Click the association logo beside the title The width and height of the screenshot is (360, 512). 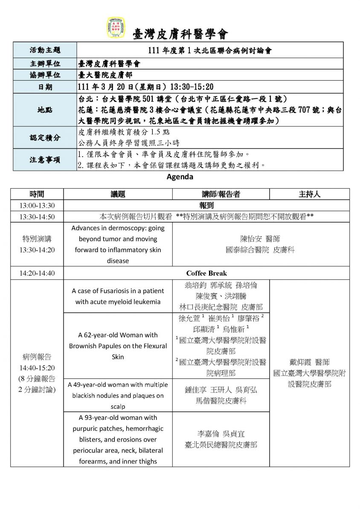(x=115, y=28)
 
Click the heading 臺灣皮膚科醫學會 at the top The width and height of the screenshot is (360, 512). (x=181, y=34)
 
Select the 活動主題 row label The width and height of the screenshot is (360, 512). (x=45, y=50)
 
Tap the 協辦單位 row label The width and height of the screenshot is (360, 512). (x=45, y=75)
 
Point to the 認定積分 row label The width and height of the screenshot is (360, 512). (x=45, y=137)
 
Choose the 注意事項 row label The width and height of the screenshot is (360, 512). (x=45, y=160)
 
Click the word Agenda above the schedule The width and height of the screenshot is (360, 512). (x=180, y=177)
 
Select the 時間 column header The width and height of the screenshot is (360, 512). (x=37, y=194)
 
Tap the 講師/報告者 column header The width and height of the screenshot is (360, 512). (x=221, y=194)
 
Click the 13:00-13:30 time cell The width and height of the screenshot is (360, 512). (x=37, y=206)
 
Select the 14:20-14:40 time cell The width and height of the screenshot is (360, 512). (x=37, y=273)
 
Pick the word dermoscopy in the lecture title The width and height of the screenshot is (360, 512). (x=118, y=228)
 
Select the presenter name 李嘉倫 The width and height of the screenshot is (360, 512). (x=207, y=433)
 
